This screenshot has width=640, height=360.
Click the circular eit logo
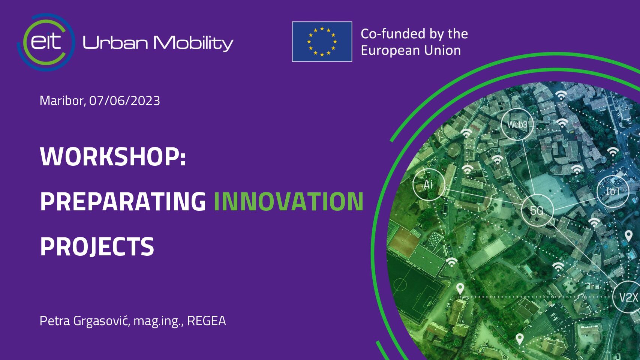pos(46,42)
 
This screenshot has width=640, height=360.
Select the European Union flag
pos(322,42)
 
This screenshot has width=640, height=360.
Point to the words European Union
pos(411,51)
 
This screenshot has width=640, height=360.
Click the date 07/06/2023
pos(124,101)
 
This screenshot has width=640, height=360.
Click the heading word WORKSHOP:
pos(113,156)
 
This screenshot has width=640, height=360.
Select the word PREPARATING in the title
pos(123,201)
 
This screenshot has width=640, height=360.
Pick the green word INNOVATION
pos(289,201)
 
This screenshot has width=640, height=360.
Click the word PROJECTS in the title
pos(97,246)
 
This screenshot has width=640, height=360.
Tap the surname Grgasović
pos(102,321)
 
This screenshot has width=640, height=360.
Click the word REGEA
pos(207,321)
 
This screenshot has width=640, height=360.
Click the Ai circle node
pos(429,184)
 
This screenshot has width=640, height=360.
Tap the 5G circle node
pos(537,210)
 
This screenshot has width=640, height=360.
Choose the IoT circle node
pos(613,191)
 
